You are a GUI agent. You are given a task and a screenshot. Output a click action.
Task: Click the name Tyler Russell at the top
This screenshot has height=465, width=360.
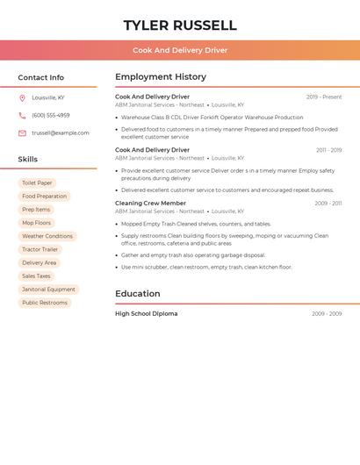coord(180,25)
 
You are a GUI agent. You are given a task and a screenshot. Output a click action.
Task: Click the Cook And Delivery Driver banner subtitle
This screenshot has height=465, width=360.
coord(180,51)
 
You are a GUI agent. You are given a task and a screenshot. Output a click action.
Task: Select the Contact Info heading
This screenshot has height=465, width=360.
coord(41,78)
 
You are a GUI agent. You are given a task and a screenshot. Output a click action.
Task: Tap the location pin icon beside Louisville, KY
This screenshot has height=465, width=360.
coord(22,97)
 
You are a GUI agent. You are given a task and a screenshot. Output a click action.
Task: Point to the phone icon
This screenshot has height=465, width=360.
coord(22,115)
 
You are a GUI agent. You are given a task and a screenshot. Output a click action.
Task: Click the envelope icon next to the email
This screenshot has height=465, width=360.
coord(22,133)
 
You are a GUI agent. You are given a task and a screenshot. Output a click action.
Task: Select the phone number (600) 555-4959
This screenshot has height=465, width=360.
coord(51,115)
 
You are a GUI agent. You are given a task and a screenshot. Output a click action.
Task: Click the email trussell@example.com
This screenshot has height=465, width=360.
coord(61,133)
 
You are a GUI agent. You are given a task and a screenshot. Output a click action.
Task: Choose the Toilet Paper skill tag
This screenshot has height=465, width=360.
coord(37,183)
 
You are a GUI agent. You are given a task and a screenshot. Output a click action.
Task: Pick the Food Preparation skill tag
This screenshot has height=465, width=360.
coord(44,197)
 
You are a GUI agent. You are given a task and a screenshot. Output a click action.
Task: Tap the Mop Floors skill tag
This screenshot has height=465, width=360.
coord(37,223)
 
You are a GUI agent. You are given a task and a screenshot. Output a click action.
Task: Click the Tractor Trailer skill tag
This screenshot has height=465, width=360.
coord(40,249)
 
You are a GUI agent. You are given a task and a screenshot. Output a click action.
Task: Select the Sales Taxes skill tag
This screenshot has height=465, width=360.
coord(36,276)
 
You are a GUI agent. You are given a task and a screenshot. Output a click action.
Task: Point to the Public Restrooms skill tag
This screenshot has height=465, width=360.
coord(45,303)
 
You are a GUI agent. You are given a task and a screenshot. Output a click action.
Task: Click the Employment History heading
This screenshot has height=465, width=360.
coord(161,77)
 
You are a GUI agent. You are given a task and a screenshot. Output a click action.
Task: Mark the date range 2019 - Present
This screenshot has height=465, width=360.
coord(324,97)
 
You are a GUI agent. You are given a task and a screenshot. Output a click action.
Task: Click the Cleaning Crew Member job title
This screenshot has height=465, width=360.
coord(150,204)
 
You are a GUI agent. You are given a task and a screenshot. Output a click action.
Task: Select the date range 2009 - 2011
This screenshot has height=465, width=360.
coord(328,204)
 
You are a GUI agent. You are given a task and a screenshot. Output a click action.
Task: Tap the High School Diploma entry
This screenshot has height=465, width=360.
coord(146,314)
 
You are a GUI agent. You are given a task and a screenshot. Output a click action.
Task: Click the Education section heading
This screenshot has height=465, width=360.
coord(138,294)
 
